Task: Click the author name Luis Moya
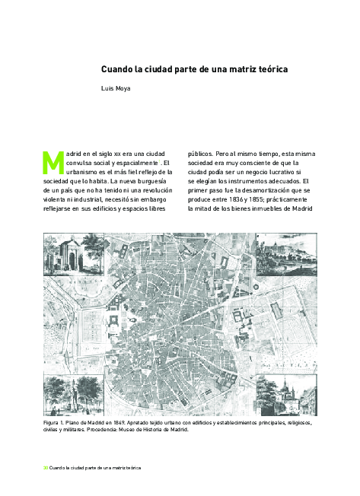tap(116, 89)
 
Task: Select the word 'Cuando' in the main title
tap(117, 69)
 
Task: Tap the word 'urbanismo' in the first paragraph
tap(85, 173)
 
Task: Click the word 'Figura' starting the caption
tap(54, 421)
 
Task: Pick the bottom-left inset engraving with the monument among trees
tap(64, 395)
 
